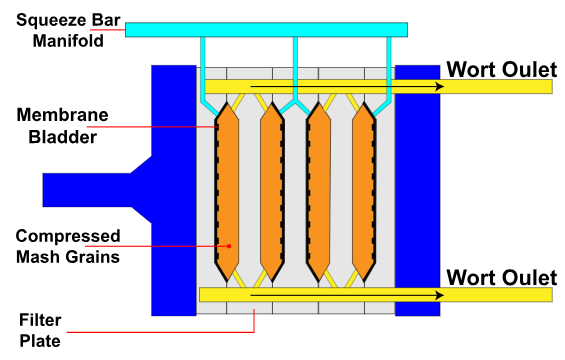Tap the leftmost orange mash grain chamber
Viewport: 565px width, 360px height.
coord(228,190)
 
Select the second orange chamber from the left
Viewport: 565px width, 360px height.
coord(272,190)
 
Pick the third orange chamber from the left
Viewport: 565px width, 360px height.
coord(319,190)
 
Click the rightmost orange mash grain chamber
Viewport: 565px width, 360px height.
coord(364,190)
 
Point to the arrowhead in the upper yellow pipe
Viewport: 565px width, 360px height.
coord(437,86)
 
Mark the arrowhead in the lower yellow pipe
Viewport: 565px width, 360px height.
coord(437,295)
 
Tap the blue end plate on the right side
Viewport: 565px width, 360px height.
coord(417,190)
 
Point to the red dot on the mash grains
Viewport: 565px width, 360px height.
coord(229,245)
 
